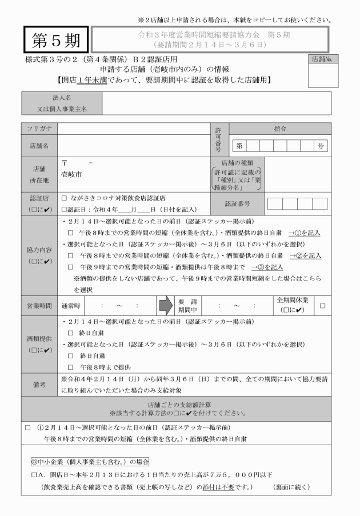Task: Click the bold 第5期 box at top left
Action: tap(56, 41)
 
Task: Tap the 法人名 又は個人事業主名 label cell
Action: tap(62, 102)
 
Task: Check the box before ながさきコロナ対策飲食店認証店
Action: tap(65, 198)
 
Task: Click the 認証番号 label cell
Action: tap(237, 203)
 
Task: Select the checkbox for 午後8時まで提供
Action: tap(71, 366)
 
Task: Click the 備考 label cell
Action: tap(39, 385)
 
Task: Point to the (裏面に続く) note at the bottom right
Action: tap(291, 487)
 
